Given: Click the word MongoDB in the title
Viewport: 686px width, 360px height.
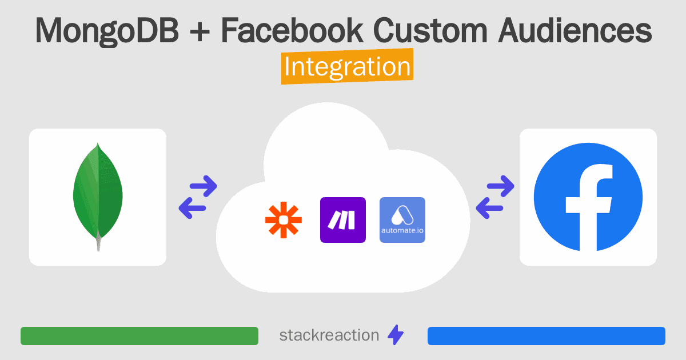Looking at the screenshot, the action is coord(107,31).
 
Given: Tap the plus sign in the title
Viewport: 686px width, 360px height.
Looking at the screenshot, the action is coord(200,31).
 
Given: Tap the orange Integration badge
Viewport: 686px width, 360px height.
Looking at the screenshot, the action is coord(348,66).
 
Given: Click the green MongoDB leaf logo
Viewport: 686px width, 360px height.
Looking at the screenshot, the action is coord(98,197).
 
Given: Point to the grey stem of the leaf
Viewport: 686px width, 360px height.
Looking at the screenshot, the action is coord(98,241).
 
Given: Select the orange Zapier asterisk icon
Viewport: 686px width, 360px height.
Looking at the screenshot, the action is coord(284,220).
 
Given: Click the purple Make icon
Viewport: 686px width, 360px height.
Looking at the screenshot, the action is coord(343,220).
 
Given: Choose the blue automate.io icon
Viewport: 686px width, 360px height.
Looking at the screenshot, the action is coord(402,220).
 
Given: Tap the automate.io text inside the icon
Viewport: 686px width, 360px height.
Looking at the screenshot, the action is coord(402,230).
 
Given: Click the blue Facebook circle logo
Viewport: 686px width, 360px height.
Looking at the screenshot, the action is coord(588,197).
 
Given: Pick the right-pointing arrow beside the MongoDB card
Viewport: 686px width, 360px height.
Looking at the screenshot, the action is coord(204,186).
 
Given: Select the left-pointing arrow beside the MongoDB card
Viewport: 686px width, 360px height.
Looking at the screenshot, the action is coord(192,208).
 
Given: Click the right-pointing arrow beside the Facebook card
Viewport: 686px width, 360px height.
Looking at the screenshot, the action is coord(501,186).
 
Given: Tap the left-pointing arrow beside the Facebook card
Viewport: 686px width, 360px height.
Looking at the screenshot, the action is coord(490,208).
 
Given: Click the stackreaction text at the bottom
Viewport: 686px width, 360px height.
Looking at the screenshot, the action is coord(329,335).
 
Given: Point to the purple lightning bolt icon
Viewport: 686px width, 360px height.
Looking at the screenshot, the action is coord(396,335).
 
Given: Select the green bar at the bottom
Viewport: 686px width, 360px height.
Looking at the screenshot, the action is coord(139,336).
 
